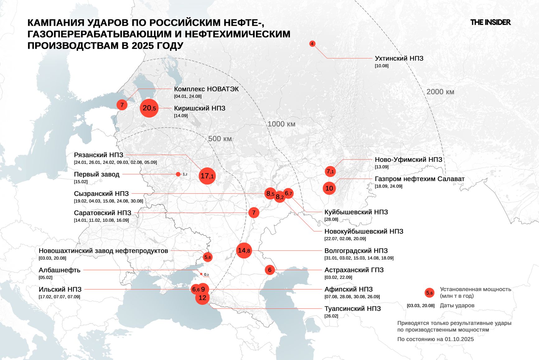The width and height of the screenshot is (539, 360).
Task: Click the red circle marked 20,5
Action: [x=149, y=108]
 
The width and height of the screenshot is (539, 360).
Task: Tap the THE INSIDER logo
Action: [x=490, y=22]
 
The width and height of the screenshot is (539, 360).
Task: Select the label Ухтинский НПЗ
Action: [x=399, y=59]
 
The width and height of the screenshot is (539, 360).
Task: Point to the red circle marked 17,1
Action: [x=207, y=176]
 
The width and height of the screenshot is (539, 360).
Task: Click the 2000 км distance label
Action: [x=440, y=92]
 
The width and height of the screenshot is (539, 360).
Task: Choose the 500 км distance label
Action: [x=220, y=139]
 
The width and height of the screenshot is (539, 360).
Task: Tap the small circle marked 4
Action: [x=312, y=44]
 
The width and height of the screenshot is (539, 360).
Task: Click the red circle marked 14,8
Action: [x=244, y=250]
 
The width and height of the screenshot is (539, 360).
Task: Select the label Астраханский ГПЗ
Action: [x=354, y=270]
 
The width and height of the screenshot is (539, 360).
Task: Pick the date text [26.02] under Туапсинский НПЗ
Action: [x=331, y=316]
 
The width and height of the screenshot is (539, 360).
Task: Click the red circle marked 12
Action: [x=203, y=298]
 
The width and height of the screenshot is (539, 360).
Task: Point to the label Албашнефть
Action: [x=59, y=270]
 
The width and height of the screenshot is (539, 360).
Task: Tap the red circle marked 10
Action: [x=329, y=188]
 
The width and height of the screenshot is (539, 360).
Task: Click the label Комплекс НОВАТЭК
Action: [x=206, y=89]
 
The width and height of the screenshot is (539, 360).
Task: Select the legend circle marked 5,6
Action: [x=429, y=293]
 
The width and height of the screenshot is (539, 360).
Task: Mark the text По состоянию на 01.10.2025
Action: [x=435, y=339]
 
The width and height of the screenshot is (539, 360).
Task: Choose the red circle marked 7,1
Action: [x=330, y=171]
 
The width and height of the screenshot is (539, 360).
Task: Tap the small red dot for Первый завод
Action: [x=178, y=174]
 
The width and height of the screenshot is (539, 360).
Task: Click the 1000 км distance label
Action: [x=281, y=124]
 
